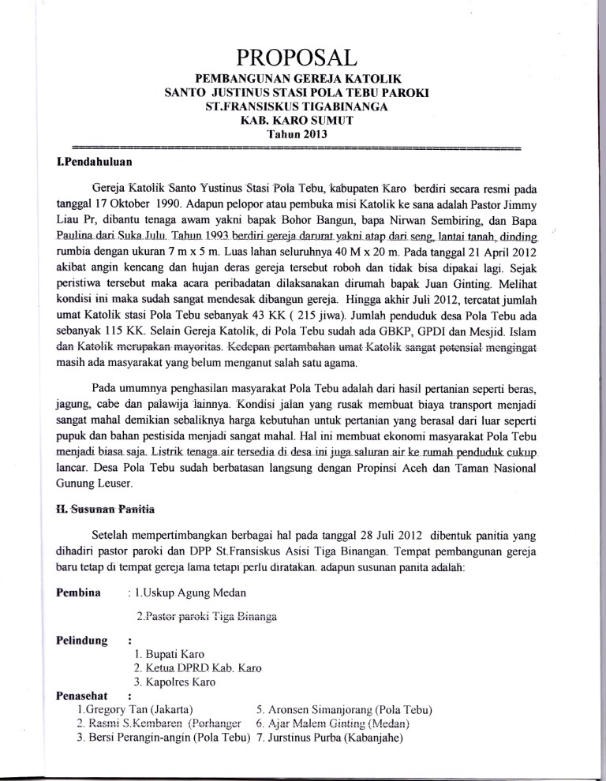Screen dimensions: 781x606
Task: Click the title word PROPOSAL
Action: [303, 57]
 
